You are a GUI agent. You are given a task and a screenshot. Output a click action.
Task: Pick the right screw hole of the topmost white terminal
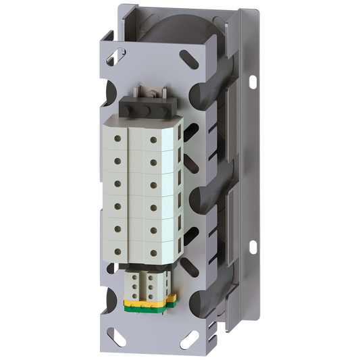point(155,140)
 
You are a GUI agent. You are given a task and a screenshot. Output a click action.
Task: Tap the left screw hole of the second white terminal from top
point(118,160)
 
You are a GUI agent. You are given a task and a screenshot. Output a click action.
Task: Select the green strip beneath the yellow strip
point(150,306)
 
